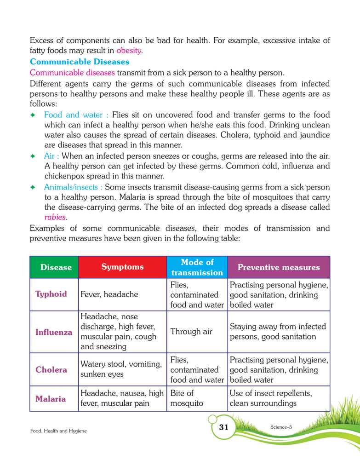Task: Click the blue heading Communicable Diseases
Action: click(80, 61)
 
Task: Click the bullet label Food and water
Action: click(76, 115)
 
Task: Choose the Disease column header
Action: click(56, 267)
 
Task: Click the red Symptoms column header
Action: click(122, 267)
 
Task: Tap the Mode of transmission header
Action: click(197, 267)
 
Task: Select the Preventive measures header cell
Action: click(278, 267)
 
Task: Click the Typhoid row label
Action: click(51, 294)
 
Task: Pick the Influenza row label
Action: click(54, 332)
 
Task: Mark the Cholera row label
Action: click(51, 369)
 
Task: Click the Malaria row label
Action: click(51, 398)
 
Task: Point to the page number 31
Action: click(223, 427)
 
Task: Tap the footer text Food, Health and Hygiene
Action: click(58, 431)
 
